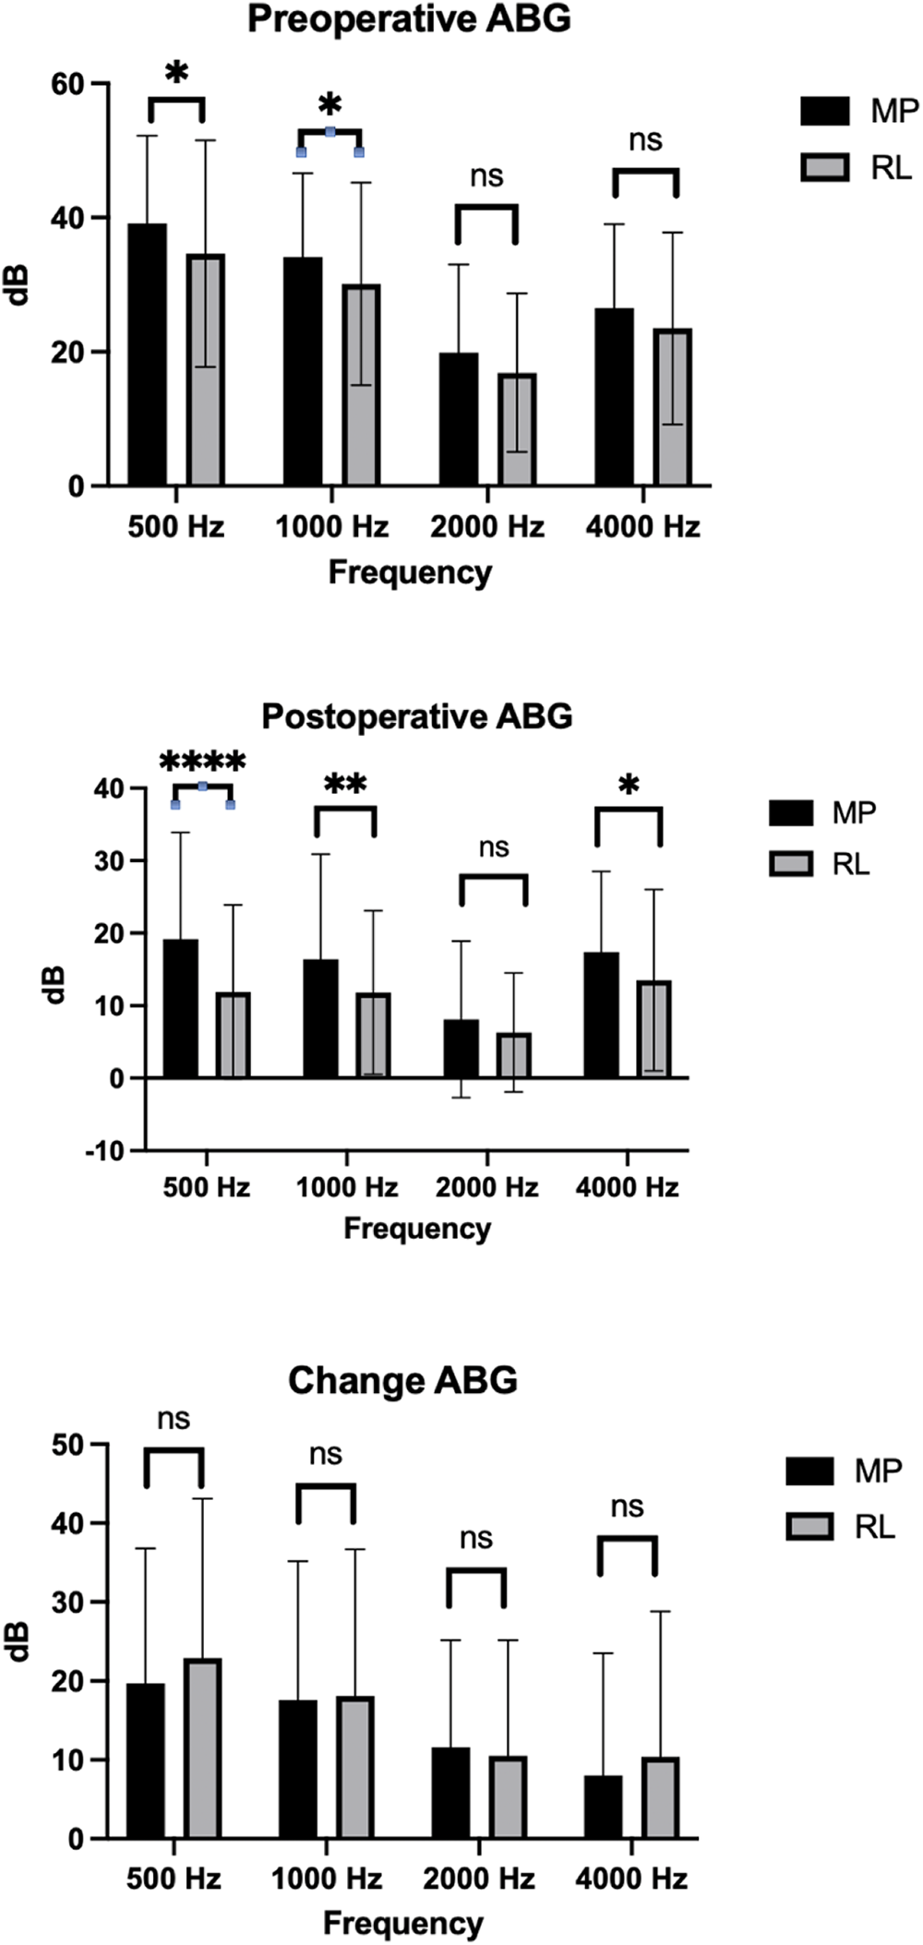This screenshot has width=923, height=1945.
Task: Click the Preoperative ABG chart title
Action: click(409, 19)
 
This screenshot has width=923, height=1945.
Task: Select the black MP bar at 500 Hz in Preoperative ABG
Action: click(147, 354)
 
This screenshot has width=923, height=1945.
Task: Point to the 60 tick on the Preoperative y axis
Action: click(68, 84)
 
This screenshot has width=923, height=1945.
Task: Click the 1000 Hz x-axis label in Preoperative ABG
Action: click(332, 527)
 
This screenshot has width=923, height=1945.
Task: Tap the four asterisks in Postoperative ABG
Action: click(203, 762)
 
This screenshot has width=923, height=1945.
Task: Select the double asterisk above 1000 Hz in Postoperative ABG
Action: click(345, 785)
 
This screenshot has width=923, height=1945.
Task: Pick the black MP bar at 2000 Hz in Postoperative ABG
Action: click(461, 1049)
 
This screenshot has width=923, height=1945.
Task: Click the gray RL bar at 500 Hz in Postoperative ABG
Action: click(234, 1035)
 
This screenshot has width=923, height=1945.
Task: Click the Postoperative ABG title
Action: click(417, 716)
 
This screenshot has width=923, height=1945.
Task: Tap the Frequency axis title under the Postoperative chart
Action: click(417, 1229)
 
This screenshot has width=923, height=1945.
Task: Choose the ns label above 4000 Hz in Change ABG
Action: click(628, 1507)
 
